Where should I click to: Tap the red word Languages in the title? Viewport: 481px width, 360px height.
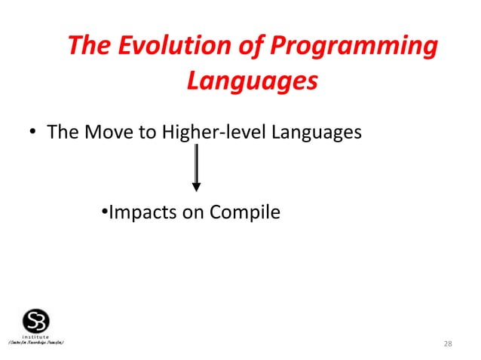pos(251,80)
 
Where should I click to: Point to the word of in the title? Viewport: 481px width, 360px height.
pos(245,47)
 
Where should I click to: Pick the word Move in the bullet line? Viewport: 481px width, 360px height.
pos(106,133)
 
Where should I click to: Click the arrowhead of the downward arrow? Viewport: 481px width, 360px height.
pos(196,186)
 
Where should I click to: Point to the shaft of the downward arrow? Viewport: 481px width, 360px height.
pos(196,162)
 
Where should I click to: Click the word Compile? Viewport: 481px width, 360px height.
pos(246,213)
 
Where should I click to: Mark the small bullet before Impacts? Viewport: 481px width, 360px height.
pos(104,213)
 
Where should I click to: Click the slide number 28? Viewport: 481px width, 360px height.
pos(448,344)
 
